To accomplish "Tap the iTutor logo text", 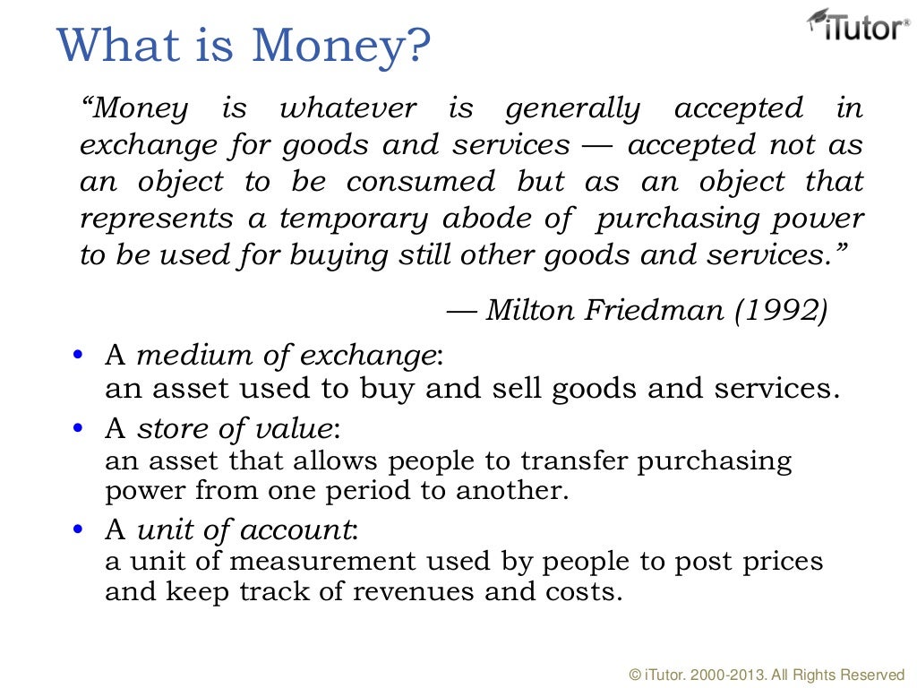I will (861, 30).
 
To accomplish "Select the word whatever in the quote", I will (348, 109).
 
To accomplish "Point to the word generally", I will (573, 109).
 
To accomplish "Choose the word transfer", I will (578, 461).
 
